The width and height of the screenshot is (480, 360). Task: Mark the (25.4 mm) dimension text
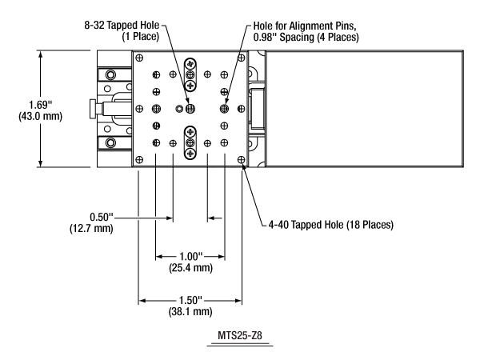click(x=190, y=269)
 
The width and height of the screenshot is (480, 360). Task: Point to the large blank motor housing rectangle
click(x=362, y=109)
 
